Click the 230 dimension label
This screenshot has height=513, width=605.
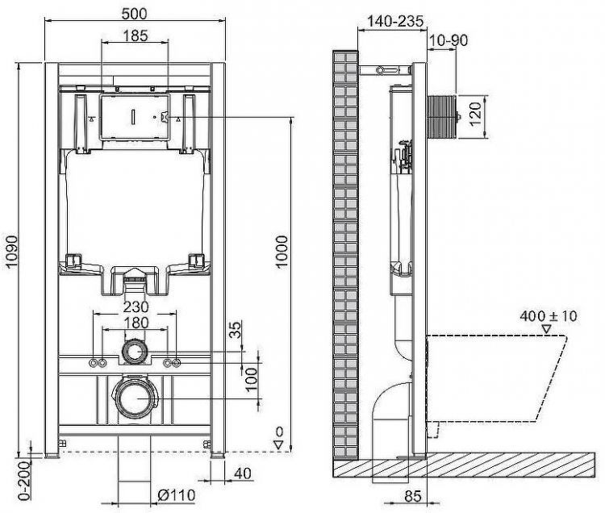click(135, 308)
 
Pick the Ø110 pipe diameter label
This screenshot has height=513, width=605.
click(177, 494)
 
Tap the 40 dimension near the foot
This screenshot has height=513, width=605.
click(242, 473)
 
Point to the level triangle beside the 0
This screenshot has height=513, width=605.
click(277, 444)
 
